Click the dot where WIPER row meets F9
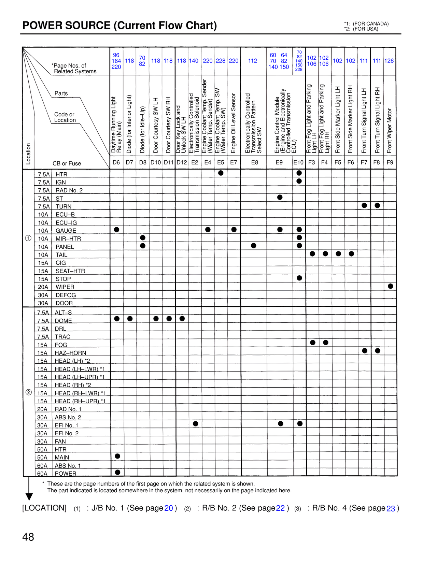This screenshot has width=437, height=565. tap(390, 286)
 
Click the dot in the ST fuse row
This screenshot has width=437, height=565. tap(280, 197)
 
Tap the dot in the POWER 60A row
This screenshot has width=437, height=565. tap(117, 472)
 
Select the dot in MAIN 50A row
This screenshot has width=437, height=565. tap(117, 456)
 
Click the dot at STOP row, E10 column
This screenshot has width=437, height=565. tap(299, 278)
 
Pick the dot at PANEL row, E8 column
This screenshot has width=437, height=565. tap(253, 246)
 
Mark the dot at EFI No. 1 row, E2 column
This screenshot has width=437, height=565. tap(195, 424)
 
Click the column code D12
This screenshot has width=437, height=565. tap(182, 162)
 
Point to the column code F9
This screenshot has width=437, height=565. tap(390, 162)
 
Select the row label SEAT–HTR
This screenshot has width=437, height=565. tap(70, 271)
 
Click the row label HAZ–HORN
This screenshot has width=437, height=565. tap(70, 353)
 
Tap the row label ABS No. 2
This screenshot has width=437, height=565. tap(68, 417)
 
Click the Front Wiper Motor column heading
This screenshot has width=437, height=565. tap(390, 131)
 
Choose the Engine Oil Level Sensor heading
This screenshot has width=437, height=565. tap(234, 123)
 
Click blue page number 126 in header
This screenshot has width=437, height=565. tap(389, 61)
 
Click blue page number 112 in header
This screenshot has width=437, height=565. tap(253, 61)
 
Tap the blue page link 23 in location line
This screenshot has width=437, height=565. tap(391, 508)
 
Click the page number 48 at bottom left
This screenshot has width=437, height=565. tap(28, 537)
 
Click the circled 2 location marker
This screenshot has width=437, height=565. tap(29, 392)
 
